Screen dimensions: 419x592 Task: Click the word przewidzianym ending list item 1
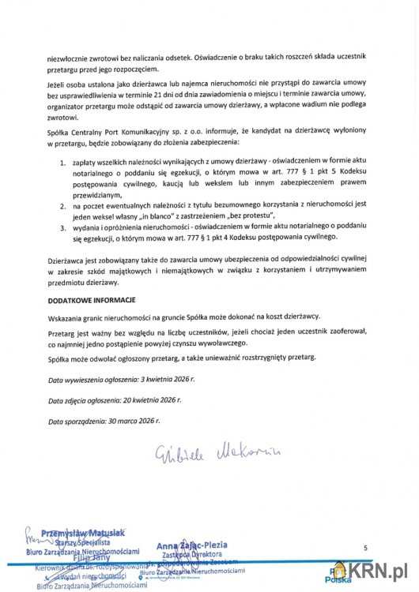point(98,193)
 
